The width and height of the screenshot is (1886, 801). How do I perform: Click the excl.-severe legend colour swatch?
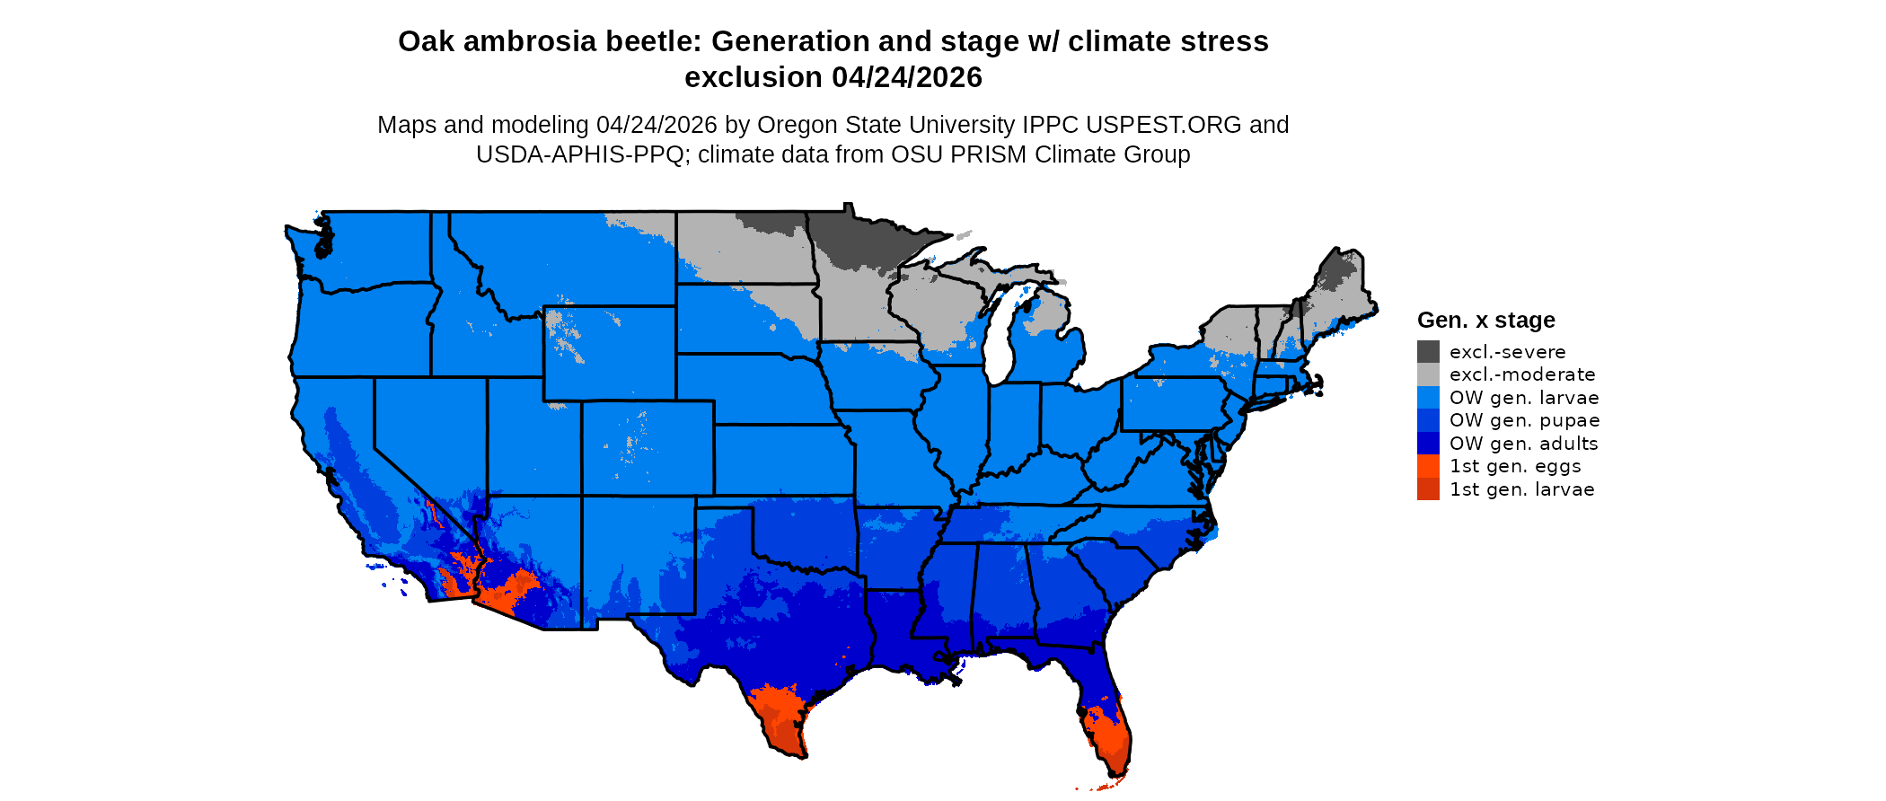pos(1428,352)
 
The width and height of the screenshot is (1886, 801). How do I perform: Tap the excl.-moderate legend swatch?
pos(1428,374)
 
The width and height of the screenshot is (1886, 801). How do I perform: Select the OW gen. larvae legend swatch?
pos(1428,398)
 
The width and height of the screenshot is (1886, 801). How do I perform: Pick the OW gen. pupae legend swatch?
pos(1428,420)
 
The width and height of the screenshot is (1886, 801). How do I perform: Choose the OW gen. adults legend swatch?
pos(1428,444)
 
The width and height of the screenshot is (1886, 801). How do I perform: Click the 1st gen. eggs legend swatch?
pos(1428,466)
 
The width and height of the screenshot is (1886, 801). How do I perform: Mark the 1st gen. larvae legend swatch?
pos(1428,489)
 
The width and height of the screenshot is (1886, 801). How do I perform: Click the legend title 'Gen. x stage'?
pos(1485,321)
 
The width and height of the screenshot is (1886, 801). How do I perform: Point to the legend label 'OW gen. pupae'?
pos(1524,420)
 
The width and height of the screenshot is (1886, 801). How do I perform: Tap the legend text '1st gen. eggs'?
pos(1515,466)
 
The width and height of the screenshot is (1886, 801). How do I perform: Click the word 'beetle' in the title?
pos(657,42)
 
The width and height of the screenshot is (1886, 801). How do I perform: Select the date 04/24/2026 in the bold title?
pos(907,78)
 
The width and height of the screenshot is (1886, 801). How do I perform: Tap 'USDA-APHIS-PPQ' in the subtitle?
pos(580,154)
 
